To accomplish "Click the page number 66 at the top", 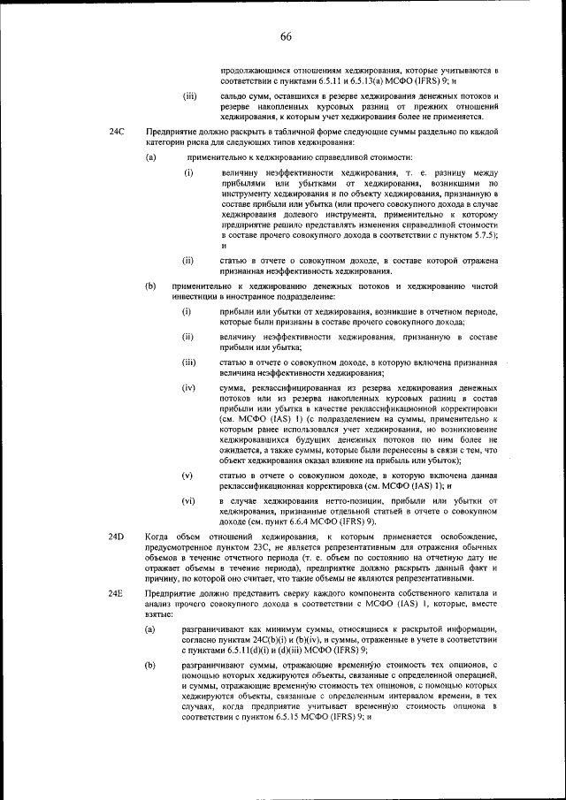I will tap(286, 36).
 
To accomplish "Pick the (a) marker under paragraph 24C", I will tap(151, 157).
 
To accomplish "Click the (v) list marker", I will tap(187, 475).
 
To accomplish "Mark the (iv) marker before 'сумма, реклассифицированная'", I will tap(188, 388).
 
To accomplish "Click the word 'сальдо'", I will tap(234, 95).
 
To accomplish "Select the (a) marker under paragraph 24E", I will tap(151, 629).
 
